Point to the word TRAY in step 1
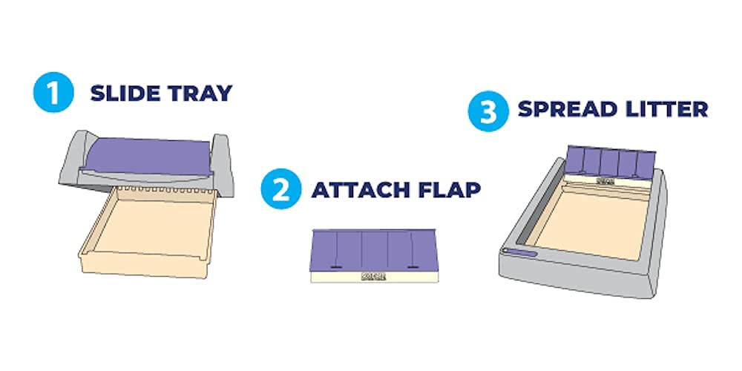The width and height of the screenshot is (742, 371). [x=198, y=93]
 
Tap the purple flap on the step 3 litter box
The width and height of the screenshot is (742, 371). [x=611, y=160]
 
